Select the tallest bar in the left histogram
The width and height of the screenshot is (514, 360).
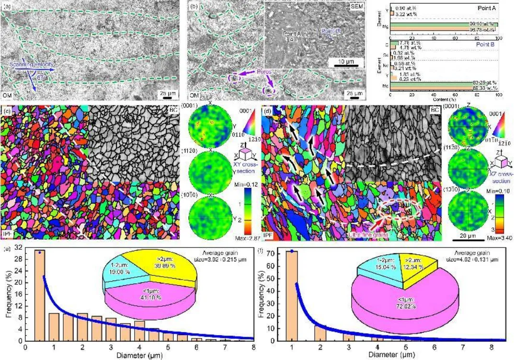tap(40, 295)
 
